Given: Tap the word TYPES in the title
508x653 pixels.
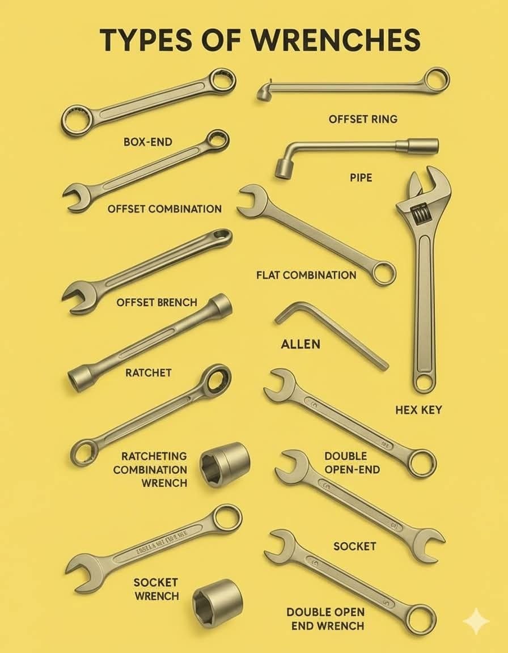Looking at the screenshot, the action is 146,40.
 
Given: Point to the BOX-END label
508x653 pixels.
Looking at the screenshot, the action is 148,142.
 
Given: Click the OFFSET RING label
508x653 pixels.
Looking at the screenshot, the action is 363,119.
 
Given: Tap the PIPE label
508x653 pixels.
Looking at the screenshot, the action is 361,178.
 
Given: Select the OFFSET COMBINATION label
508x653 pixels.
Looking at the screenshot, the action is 164,209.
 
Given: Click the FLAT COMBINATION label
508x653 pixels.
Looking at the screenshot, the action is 306,275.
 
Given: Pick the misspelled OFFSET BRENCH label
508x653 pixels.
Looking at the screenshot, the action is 156,302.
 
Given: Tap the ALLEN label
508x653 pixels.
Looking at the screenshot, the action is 300,344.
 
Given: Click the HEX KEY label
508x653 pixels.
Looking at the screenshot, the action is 418,410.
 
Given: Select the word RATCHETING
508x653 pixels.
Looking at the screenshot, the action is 154,456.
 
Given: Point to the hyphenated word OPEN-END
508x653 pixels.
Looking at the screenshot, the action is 352,470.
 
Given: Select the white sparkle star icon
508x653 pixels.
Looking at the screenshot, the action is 476,621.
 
